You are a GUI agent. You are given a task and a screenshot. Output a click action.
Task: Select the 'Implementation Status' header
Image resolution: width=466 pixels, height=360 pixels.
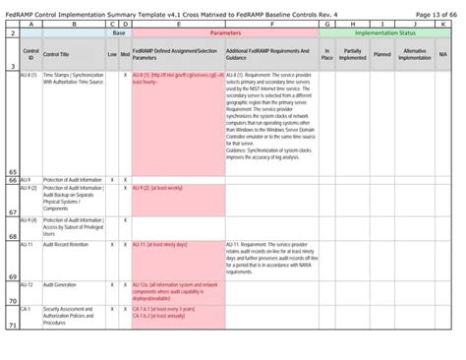(384, 32)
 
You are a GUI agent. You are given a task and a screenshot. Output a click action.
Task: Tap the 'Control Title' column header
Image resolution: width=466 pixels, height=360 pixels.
(57, 54)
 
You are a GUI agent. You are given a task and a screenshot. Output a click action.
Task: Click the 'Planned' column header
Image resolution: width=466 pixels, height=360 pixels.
(381, 54)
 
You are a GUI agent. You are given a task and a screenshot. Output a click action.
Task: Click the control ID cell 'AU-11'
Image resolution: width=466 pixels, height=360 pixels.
(28, 242)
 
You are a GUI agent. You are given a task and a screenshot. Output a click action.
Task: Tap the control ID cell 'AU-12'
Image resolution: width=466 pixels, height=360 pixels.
(28, 284)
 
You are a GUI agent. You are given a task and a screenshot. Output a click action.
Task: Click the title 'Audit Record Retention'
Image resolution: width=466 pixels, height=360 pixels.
(65, 242)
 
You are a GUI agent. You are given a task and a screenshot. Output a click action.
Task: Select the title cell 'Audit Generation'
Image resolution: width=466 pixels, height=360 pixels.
(59, 284)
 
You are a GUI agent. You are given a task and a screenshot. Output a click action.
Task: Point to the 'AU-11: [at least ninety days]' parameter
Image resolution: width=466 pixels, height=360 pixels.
(164, 242)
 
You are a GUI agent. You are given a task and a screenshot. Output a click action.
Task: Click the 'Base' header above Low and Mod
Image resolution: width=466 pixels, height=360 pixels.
(118, 32)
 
